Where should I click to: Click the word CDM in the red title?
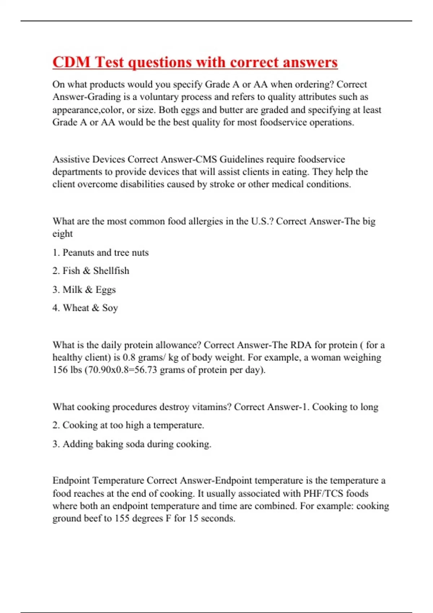[x=71, y=62]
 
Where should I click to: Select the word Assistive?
[x=71, y=159]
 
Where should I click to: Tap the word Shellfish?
[x=111, y=271]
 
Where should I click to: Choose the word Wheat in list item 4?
[x=76, y=308]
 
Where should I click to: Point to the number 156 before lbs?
[x=60, y=370]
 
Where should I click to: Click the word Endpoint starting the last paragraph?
[x=71, y=481]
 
